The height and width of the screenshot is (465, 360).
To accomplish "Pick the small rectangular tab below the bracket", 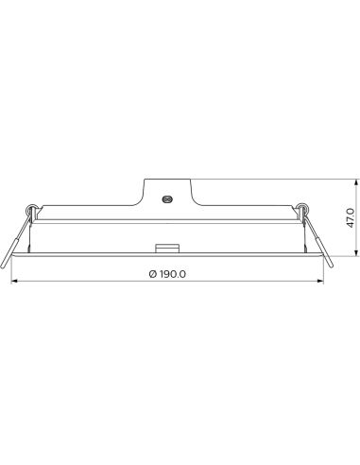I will click(167, 249).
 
